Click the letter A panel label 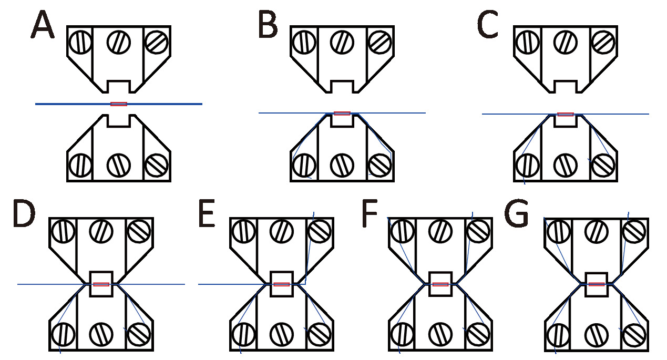[x=43, y=26]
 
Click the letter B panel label [x=268, y=26]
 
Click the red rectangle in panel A [x=119, y=104]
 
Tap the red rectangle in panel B [x=342, y=112]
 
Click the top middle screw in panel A [x=119, y=42]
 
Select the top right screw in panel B [x=380, y=42]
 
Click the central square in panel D [x=101, y=284]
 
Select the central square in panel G [x=597, y=284]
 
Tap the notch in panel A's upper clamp [x=119, y=86]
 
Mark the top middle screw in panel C [x=566, y=42]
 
